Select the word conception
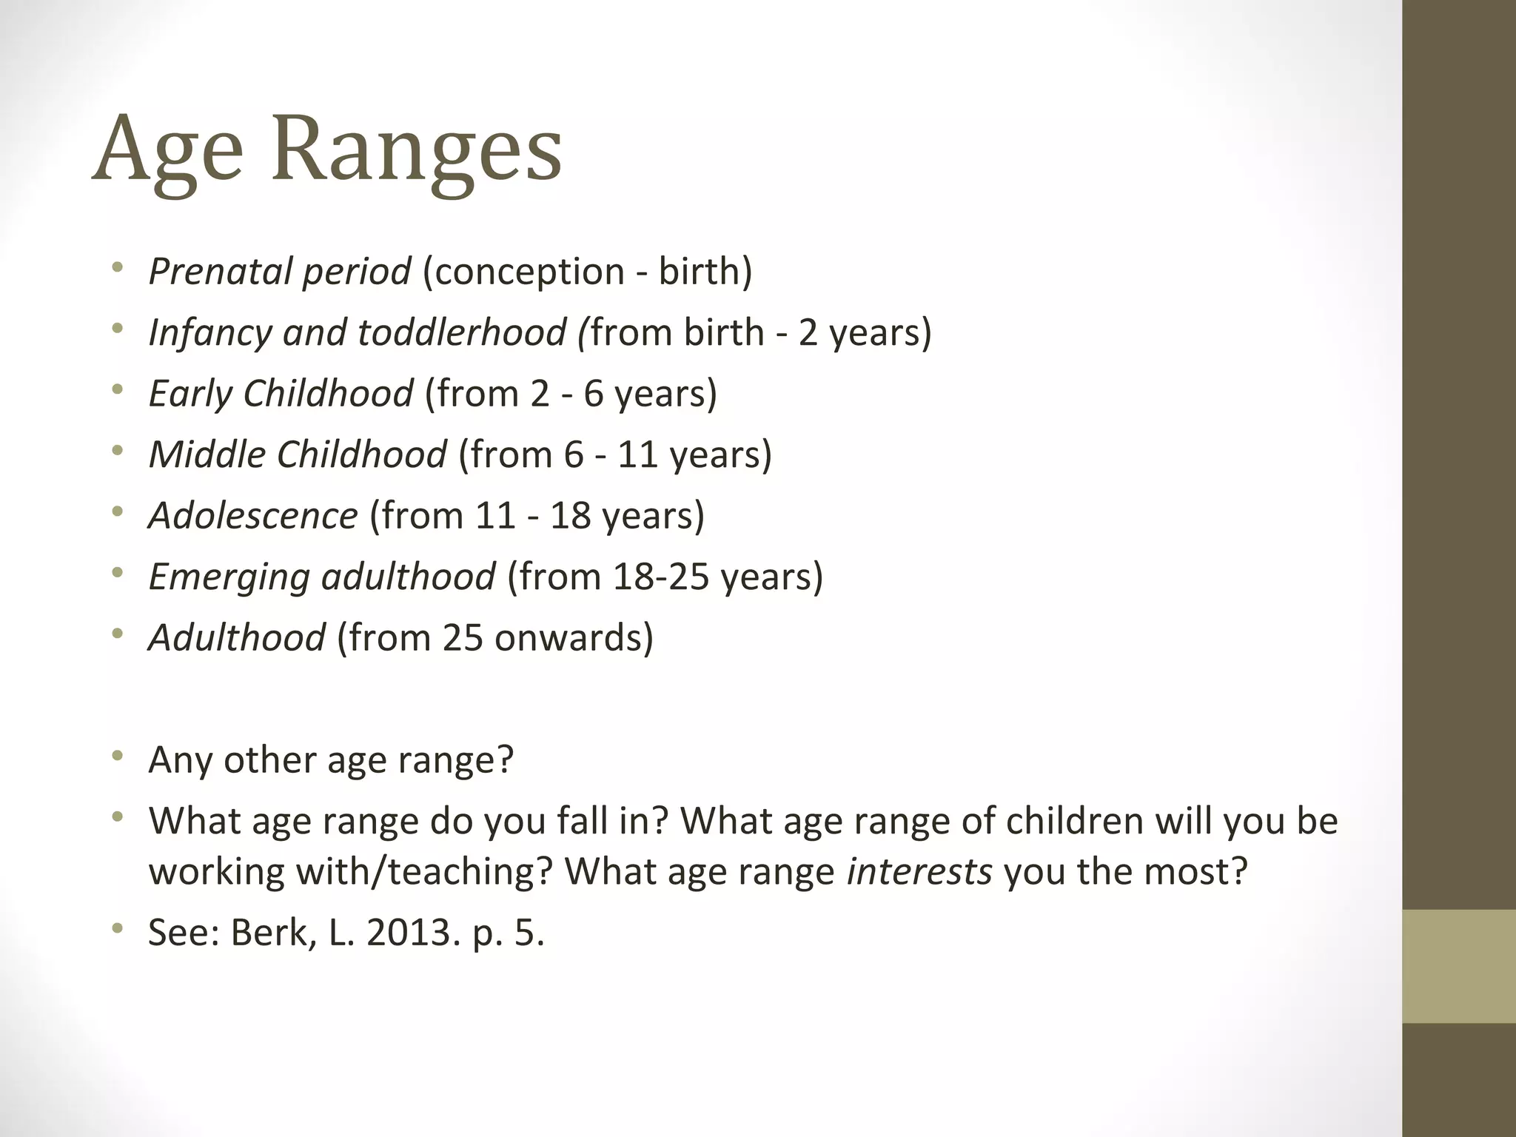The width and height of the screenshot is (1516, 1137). point(523,272)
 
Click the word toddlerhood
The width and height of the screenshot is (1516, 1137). point(461,332)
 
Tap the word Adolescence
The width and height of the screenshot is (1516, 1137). point(253,515)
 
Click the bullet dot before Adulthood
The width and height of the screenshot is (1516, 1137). point(116,634)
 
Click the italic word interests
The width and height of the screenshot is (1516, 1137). point(919,871)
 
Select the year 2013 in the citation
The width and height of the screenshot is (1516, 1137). point(409,932)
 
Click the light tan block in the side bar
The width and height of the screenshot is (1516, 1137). point(1458,966)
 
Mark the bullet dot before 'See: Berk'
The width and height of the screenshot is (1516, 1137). point(116,928)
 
